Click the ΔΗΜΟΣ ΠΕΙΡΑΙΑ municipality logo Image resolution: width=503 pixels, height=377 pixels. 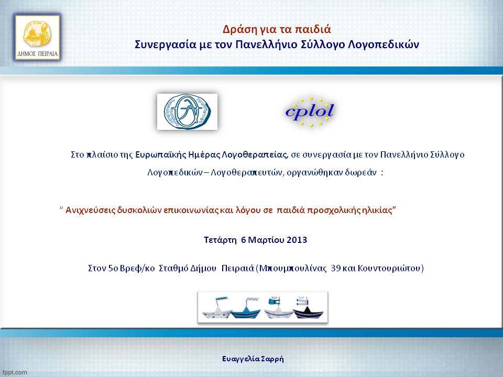37,38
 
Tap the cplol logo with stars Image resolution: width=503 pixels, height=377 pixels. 310,112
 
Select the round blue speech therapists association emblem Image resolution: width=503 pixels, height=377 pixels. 187,112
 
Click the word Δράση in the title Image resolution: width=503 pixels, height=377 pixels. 237,29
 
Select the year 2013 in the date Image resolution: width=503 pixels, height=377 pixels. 297,240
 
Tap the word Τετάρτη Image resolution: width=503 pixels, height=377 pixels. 220,240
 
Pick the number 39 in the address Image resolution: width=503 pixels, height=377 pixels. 335,268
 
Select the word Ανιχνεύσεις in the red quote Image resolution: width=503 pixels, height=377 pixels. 90,210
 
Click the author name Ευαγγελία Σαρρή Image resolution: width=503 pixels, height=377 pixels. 253,359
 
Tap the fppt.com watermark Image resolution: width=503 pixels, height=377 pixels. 15,372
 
